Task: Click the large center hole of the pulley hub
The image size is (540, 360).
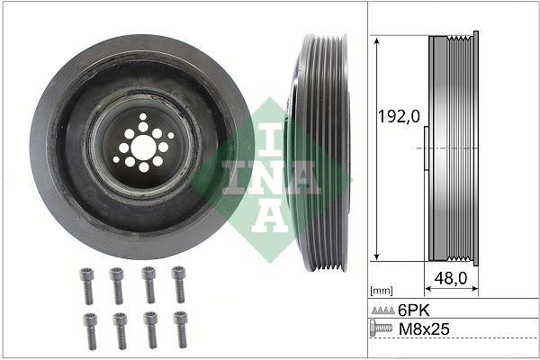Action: click(x=143, y=146)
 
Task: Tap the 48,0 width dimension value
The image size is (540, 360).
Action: click(x=450, y=278)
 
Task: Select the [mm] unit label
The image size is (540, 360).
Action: click(x=382, y=291)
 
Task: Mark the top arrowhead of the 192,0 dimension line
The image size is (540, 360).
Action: click(x=375, y=40)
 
